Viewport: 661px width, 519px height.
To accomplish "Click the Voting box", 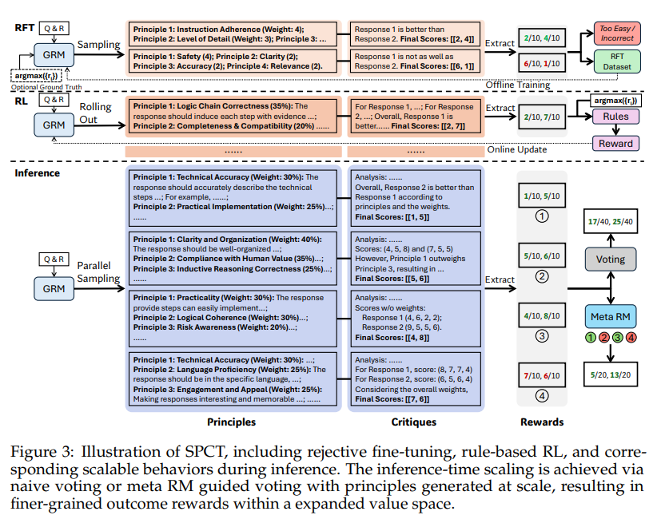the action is pyautogui.click(x=611, y=259).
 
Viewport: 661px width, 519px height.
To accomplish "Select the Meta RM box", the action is pyautogui.click(x=611, y=316).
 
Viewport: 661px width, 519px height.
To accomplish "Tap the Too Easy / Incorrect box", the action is pyautogui.click(x=617, y=34).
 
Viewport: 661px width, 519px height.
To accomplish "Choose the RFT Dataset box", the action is pyautogui.click(x=617, y=61).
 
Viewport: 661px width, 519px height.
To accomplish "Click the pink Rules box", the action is pyautogui.click(x=615, y=117).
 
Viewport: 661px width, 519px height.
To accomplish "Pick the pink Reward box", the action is pyautogui.click(x=615, y=143).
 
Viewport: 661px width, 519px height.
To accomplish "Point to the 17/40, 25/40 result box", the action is pyautogui.click(x=611, y=221).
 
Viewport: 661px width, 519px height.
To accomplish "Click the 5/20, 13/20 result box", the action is pyautogui.click(x=611, y=374).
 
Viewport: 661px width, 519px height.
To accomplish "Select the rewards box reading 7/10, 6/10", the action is pyautogui.click(x=542, y=375).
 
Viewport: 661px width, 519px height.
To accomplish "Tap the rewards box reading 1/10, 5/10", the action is pyautogui.click(x=542, y=196).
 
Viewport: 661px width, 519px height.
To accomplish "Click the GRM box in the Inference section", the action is pyautogui.click(x=54, y=288).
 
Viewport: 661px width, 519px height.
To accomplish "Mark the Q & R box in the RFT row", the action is pyautogui.click(x=54, y=28).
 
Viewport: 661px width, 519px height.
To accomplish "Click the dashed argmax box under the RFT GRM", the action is pyautogui.click(x=37, y=76).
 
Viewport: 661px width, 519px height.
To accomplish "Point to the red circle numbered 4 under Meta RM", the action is pyautogui.click(x=631, y=338).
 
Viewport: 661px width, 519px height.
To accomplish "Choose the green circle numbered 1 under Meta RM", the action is pyautogui.click(x=591, y=338).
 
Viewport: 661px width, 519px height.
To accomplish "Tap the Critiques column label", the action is pyautogui.click(x=413, y=422).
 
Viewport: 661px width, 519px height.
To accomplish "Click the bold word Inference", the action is pyautogui.click(x=37, y=173).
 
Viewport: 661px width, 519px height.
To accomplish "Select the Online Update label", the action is pyautogui.click(x=517, y=149).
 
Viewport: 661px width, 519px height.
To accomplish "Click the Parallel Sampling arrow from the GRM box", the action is pyautogui.click(x=99, y=288).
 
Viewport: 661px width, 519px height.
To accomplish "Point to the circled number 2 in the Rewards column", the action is pyautogui.click(x=542, y=276).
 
